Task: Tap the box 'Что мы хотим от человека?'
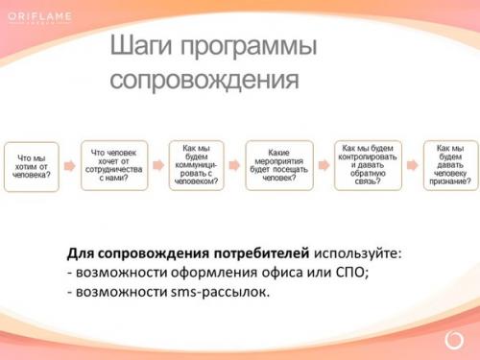pos(32,166)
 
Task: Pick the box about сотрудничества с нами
pos(114,165)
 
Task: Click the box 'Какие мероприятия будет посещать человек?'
pos(279,165)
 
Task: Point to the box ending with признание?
pos(450,165)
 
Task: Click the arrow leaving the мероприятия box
pos(324,165)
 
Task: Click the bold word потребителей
pos(255,252)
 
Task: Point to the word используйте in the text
pos(354,252)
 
